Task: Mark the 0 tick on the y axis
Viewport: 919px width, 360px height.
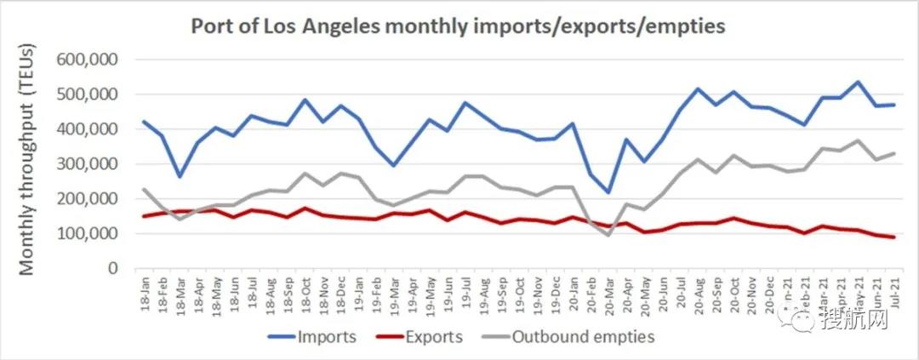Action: pos(111,268)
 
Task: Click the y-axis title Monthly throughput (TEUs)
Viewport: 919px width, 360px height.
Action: pos(27,163)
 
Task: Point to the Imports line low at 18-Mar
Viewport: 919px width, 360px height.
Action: pos(180,176)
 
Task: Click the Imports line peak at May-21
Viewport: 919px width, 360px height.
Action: pos(857,82)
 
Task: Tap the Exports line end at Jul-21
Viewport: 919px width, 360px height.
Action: pos(893,237)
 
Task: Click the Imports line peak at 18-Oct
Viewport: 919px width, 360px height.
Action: pos(304,100)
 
